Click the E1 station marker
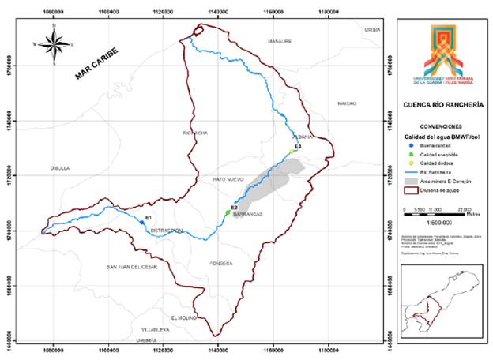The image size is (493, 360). pyautogui.click(x=141, y=223)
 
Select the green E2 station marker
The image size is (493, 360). pyautogui.click(x=228, y=212)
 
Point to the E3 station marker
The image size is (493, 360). pyautogui.click(x=291, y=152)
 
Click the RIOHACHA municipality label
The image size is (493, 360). pyautogui.click(x=194, y=133)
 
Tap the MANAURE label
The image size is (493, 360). pyautogui.click(x=280, y=40)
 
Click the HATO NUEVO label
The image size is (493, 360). pyautogui.click(x=230, y=180)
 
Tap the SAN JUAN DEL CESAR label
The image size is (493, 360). pyautogui.click(x=133, y=268)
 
